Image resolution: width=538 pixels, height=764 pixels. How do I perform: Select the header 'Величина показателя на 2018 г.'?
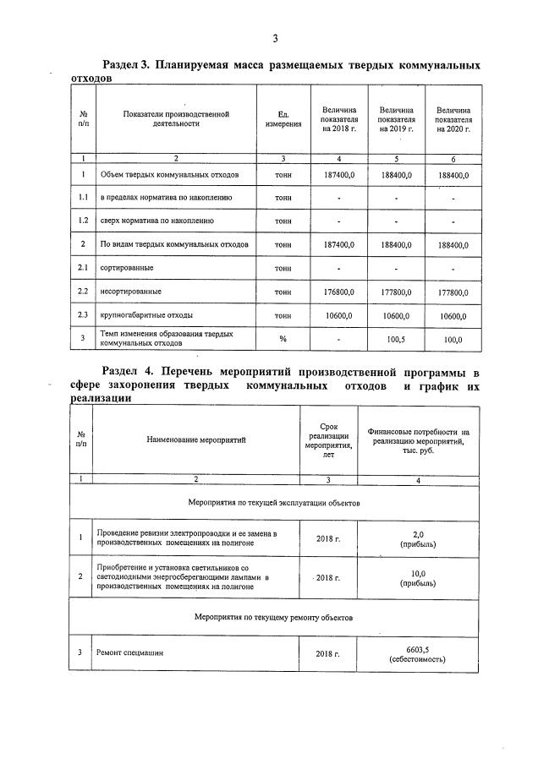(x=339, y=119)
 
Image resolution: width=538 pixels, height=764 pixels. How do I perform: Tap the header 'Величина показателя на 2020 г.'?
(x=453, y=119)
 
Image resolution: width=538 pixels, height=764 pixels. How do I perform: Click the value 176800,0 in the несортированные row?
(x=338, y=292)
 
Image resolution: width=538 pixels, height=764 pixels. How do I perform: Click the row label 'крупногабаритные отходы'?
(x=140, y=315)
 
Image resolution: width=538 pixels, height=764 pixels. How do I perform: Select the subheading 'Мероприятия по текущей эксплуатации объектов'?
(x=274, y=502)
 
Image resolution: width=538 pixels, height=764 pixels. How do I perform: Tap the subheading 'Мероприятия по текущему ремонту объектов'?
(x=274, y=617)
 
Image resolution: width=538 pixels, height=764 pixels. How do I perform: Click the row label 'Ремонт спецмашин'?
(x=129, y=653)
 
